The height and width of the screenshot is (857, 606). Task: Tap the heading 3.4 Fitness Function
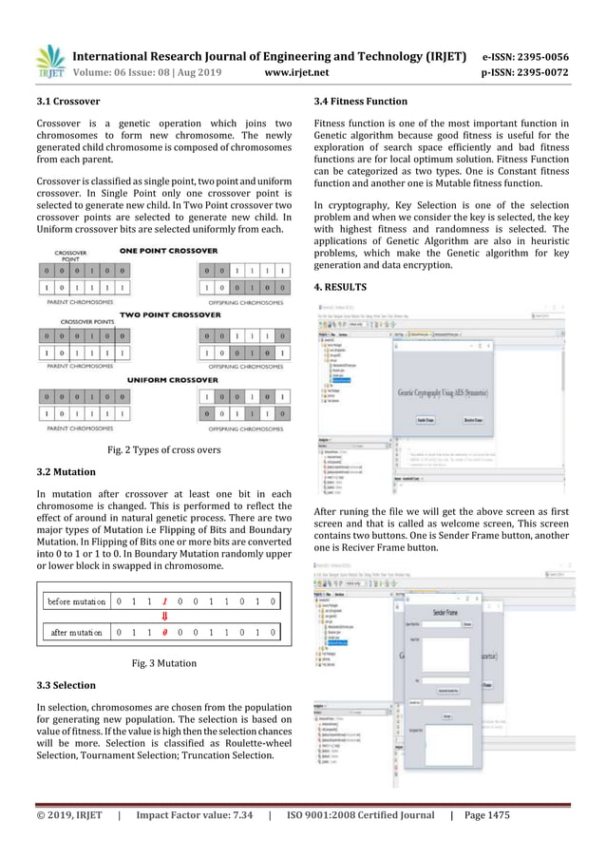[361, 101]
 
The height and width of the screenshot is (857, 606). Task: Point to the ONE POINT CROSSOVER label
[167, 250]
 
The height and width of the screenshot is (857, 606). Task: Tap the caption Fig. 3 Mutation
[164, 663]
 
